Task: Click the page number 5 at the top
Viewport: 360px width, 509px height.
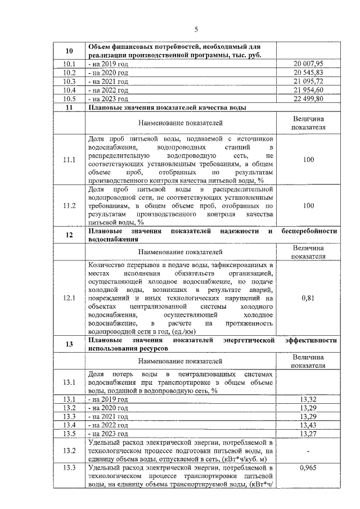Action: [196, 29]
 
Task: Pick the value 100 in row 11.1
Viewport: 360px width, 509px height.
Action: [308, 160]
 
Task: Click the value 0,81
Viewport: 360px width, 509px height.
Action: [308, 298]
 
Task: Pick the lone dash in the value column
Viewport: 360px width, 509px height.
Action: [308, 451]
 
